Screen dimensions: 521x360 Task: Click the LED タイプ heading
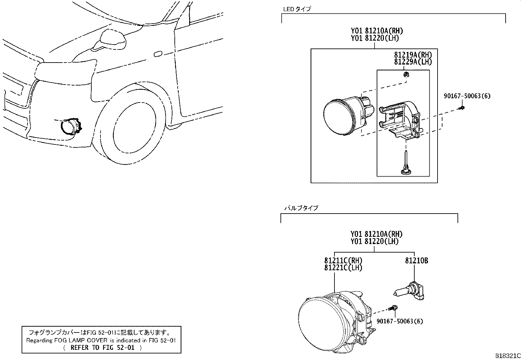pyautogui.click(x=297, y=9)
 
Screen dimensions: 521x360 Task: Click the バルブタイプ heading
pyautogui.click(x=301, y=208)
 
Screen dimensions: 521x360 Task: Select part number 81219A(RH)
pyautogui.click(x=413, y=55)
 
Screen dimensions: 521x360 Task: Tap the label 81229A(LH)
pyautogui.click(x=413, y=62)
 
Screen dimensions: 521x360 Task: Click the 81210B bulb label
pyautogui.click(x=417, y=260)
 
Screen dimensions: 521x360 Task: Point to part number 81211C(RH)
pyautogui.click(x=343, y=260)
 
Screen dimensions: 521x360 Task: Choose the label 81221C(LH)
pyautogui.click(x=343, y=268)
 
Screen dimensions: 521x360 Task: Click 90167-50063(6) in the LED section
pyautogui.click(x=467, y=96)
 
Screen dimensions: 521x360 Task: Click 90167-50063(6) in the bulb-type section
pyautogui.click(x=400, y=321)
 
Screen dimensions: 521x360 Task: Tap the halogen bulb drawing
pyautogui.click(x=409, y=291)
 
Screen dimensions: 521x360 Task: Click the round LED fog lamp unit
pyautogui.click(x=349, y=116)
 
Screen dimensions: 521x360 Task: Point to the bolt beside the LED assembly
pyautogui.click(x=462, y=108)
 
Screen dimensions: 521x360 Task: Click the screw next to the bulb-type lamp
pyautogui.click(x=393, y=308)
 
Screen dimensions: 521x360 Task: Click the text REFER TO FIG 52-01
pyautogui.click(x=102, y=348)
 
